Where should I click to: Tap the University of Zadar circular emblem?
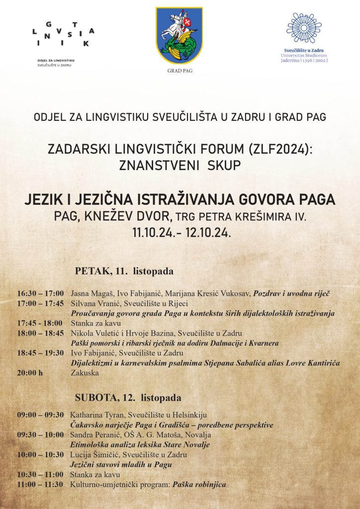pyautogui.click(x=304, y=28)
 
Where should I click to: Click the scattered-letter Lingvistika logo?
pyautogui.click(x=63, y=35)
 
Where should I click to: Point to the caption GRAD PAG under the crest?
pyautogui.click(x=180, y=71)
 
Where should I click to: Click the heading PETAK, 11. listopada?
pyautogui.click(x=124, y=271)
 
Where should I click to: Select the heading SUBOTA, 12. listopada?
pyautogui.click(x=128, y=398)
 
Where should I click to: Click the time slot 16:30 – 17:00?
pyautogui.click(x=40, y=294)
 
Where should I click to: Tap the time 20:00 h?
pyautogui.click(x=30, y=372)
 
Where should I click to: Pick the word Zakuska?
pyautogui.click(x=85, y=372)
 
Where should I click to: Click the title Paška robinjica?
pyautogui.click(x=199, y=485)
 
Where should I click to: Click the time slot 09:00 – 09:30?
pyautogui.click(x=40, y=415)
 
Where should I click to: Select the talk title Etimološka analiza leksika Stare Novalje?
pyautogui.click(x=140, y=445)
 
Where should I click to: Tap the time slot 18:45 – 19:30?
pyautogui.click(x=40, y=352)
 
